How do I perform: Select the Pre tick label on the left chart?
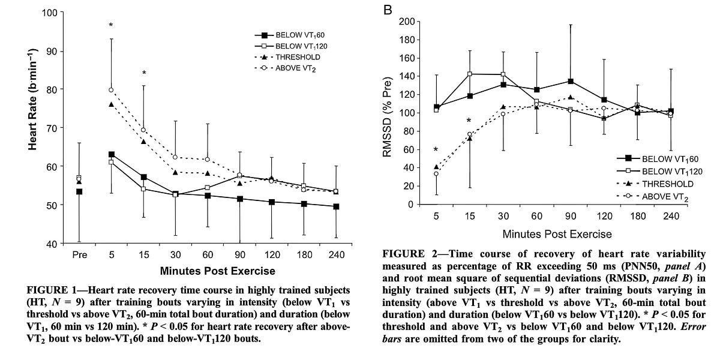click(x=79, y=254)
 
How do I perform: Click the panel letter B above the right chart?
click(x=388, y=9)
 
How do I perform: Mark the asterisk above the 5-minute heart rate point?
click(x=111, y=26)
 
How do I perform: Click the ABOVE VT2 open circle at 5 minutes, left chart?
click(x=111, y=90)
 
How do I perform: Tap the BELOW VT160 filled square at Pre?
click(x=79, y=191)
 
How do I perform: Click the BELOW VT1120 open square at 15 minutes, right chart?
click(x=469, y=74)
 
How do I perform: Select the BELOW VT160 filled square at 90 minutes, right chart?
click(x=571, y=82)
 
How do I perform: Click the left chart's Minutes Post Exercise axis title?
click(x=209, y=271)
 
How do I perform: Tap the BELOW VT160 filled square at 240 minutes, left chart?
click(x=335, y=206)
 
